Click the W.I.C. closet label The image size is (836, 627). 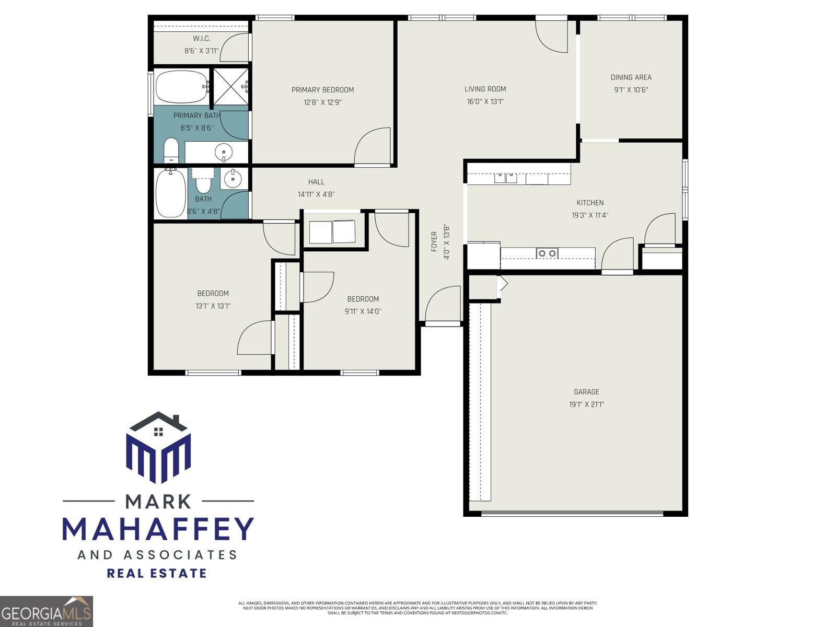tap(201, 39)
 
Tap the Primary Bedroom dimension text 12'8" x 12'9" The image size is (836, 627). tap(322, 102)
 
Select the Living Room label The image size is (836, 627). tap(485, 89)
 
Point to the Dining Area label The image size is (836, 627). tap(631, 77)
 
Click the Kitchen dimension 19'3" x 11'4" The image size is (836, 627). tap(590, 215)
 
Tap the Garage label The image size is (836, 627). tap(586, 392)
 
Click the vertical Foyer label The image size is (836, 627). tap(434, 242)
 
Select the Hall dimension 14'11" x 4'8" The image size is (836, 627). tap(316, 194)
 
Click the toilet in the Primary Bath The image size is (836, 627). tap(171, 150)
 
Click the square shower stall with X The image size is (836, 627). tap(230, 87)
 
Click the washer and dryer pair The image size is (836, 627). tap(332, 232)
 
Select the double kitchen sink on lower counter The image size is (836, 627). tap(547, 253)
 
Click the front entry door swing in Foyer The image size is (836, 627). tap(443, 305)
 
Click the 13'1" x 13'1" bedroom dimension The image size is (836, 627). tap(213, 306)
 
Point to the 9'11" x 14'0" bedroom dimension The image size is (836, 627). tap(363, 311)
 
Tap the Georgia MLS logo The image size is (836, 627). tap(46, 611)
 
